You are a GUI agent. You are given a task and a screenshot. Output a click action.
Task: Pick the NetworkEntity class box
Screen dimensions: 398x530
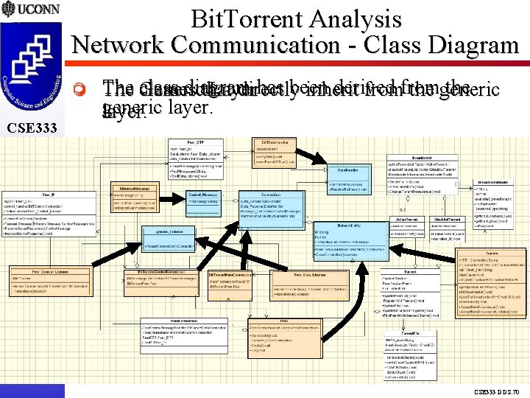[x=350, y=237]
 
